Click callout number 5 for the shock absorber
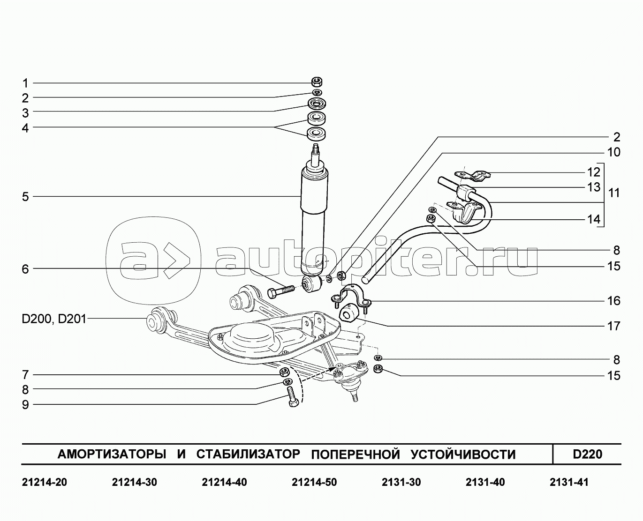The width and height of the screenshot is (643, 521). [x=25, y=197]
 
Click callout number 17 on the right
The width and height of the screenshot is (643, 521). [x=614, y=326]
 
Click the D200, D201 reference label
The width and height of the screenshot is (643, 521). [x=54, y=320]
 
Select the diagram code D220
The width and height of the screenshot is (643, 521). [x=587, y=454]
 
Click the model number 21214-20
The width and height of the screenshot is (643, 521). [x=45, y=482]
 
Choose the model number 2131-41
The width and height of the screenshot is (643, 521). [x=569, y=482]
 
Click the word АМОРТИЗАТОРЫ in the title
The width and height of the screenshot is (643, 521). [x=112, y=454]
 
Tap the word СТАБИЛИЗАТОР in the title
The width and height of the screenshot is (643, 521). [x=248, y=454]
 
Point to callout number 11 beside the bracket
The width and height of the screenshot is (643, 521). [x=614, y=193]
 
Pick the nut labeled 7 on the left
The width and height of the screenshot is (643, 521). [x=284, y=373]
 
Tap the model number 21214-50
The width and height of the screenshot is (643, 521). [x=314, y=482]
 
